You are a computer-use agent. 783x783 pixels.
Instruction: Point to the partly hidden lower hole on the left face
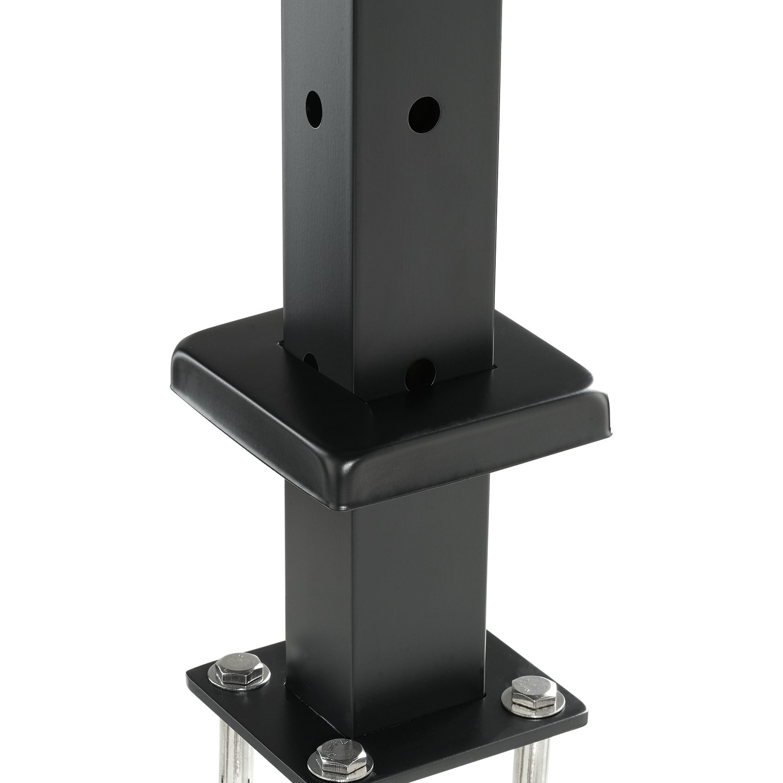[311, 361]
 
